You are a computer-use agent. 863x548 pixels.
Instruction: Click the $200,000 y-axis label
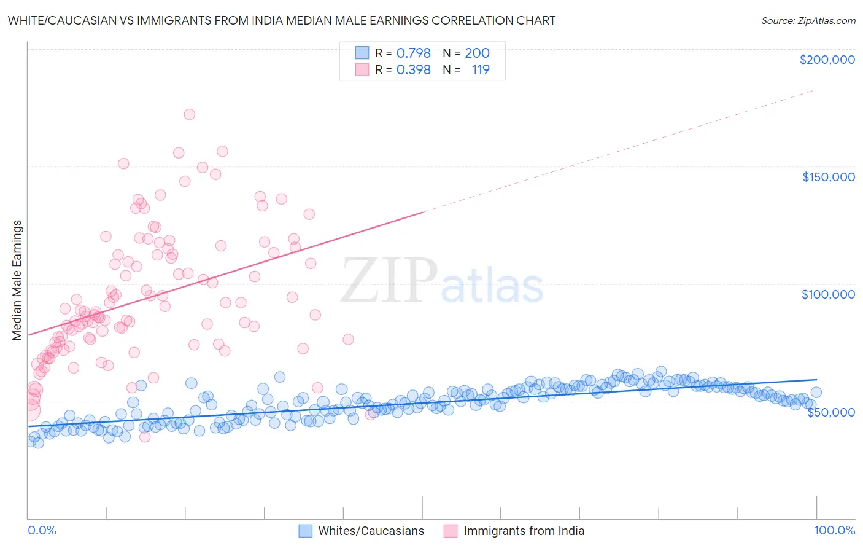(827, 60)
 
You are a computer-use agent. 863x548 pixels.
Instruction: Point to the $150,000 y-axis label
(828, 177)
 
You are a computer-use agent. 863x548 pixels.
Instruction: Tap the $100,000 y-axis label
(828, 294)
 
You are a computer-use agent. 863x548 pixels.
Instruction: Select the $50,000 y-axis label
(830, 412)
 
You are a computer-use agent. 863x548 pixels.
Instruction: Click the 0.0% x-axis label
(42, 530)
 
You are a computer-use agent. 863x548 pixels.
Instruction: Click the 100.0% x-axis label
(834, 530)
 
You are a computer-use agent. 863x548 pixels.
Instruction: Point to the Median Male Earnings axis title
(17, 280)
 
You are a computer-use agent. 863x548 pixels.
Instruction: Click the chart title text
(282, 20)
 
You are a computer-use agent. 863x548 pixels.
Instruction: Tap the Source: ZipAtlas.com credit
(808, 21)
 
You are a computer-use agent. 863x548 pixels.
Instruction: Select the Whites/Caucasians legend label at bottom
(371, 531)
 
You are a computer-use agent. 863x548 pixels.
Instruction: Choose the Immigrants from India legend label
(524, 531)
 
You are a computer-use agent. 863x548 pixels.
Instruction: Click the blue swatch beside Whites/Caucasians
(306, 531)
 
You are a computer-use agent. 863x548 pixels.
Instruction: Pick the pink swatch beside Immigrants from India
(451, 531)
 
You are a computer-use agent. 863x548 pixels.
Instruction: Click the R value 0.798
(413, 53)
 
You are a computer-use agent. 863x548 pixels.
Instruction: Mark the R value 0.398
(413, 70)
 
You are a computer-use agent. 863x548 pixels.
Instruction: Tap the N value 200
(477, 53)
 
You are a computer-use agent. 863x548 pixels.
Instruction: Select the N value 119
(481, 70)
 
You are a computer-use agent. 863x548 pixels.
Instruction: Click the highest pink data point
(190, 114)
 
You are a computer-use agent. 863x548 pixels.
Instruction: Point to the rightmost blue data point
(816, 393)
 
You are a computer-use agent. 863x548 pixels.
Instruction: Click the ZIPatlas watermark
(442, 281)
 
